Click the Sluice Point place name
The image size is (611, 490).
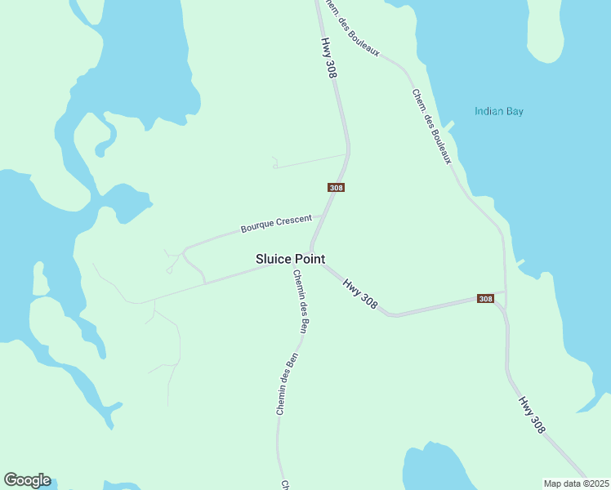coord(291,258)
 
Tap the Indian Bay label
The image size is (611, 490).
coord(499,111)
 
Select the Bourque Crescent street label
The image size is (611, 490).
coord(276,224)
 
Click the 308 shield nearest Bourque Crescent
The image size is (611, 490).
coord(336,187)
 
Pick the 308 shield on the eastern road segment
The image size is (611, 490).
coord(486,299)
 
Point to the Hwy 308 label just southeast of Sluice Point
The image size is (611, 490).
coord(360,294)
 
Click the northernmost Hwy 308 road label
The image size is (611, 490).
coord(329,58)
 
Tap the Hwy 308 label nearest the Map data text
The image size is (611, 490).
coord(531,415)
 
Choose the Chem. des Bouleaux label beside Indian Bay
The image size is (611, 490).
coord(431,126)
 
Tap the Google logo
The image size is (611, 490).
coord(28,480)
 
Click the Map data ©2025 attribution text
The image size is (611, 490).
coord(577,483)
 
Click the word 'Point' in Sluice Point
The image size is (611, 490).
coord(310,258)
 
